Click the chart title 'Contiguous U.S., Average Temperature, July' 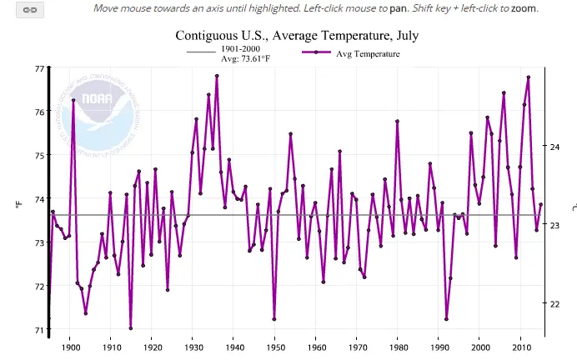pos(297,36)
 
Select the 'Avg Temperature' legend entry pos(368,53)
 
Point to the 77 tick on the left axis pos(39,67)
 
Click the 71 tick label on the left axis pos(39,331)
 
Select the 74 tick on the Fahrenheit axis pos(39,199)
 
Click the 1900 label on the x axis pos(70,346)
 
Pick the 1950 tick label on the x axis pos(274,346)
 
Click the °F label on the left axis pos(17,202)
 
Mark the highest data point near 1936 pos(217,76)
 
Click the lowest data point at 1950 pos(273,319)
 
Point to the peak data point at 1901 pos(73,100)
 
